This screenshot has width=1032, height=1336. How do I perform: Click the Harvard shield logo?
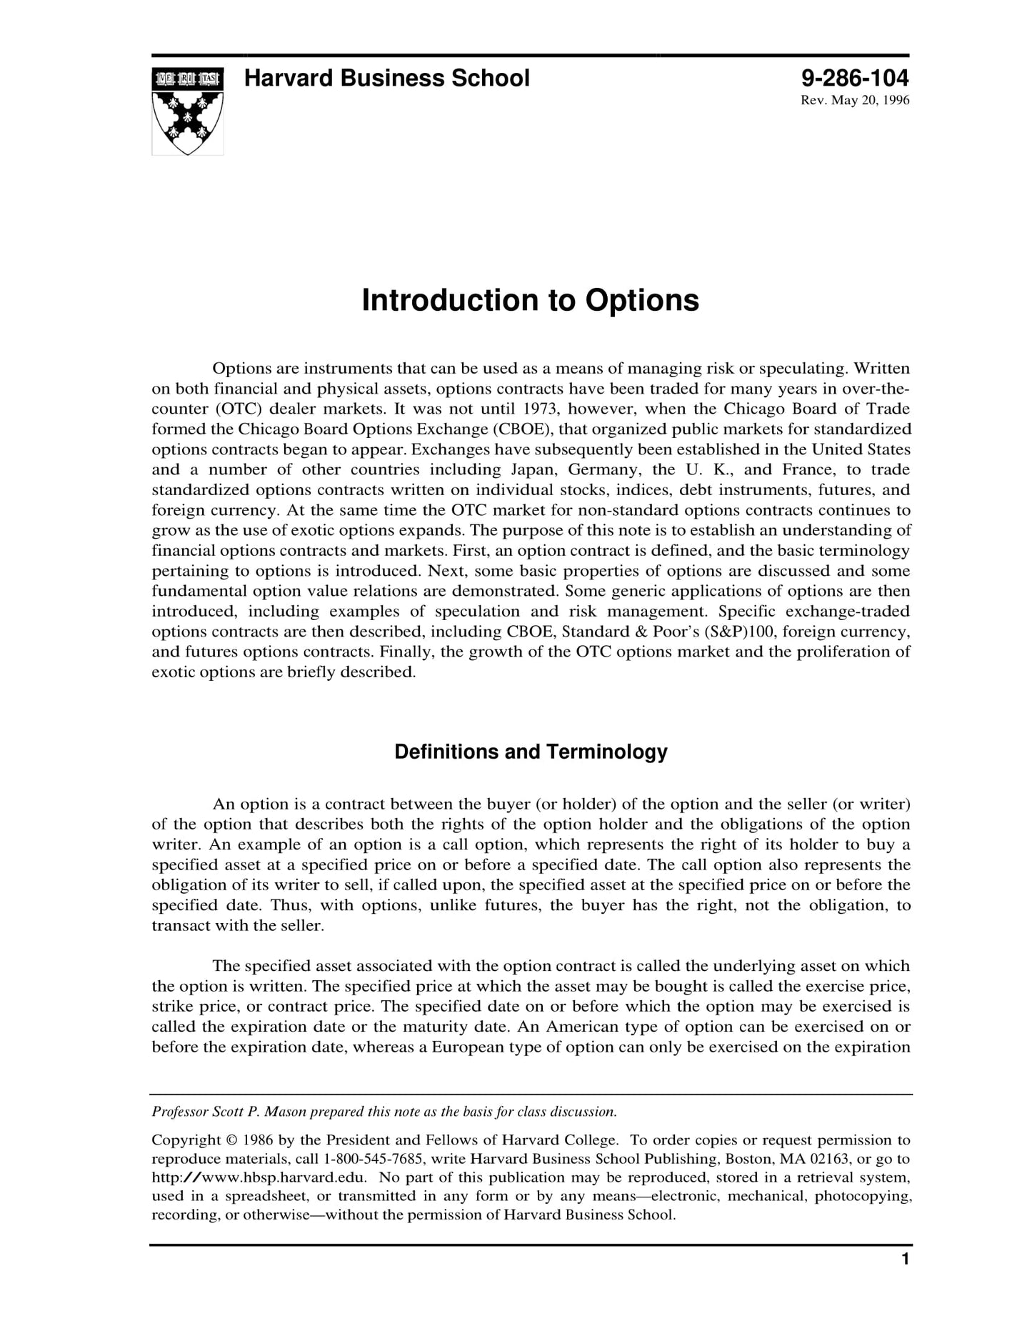pyautogui.click(x=187, y=111)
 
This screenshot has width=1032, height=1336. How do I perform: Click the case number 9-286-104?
pyautogui.click(x=854, y=78)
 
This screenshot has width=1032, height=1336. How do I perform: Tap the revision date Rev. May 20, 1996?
pyautogui.click(x=855, y=100)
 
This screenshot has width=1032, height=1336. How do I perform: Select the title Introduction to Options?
pyautogui.click(x=530, y=300)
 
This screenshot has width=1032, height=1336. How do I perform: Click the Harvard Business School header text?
pyautogui.click(x=386, y=78)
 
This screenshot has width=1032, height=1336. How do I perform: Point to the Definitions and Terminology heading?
pyautogui.click(x=531, y=752)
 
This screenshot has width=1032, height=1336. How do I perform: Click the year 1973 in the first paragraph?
pyautogui.click(x=540, y=409)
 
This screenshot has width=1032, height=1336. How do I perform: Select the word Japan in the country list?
pyautogui.click(x=532, y=469)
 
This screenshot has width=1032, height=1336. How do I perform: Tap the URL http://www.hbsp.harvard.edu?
pyautogui.click(x=259, y=1177)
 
